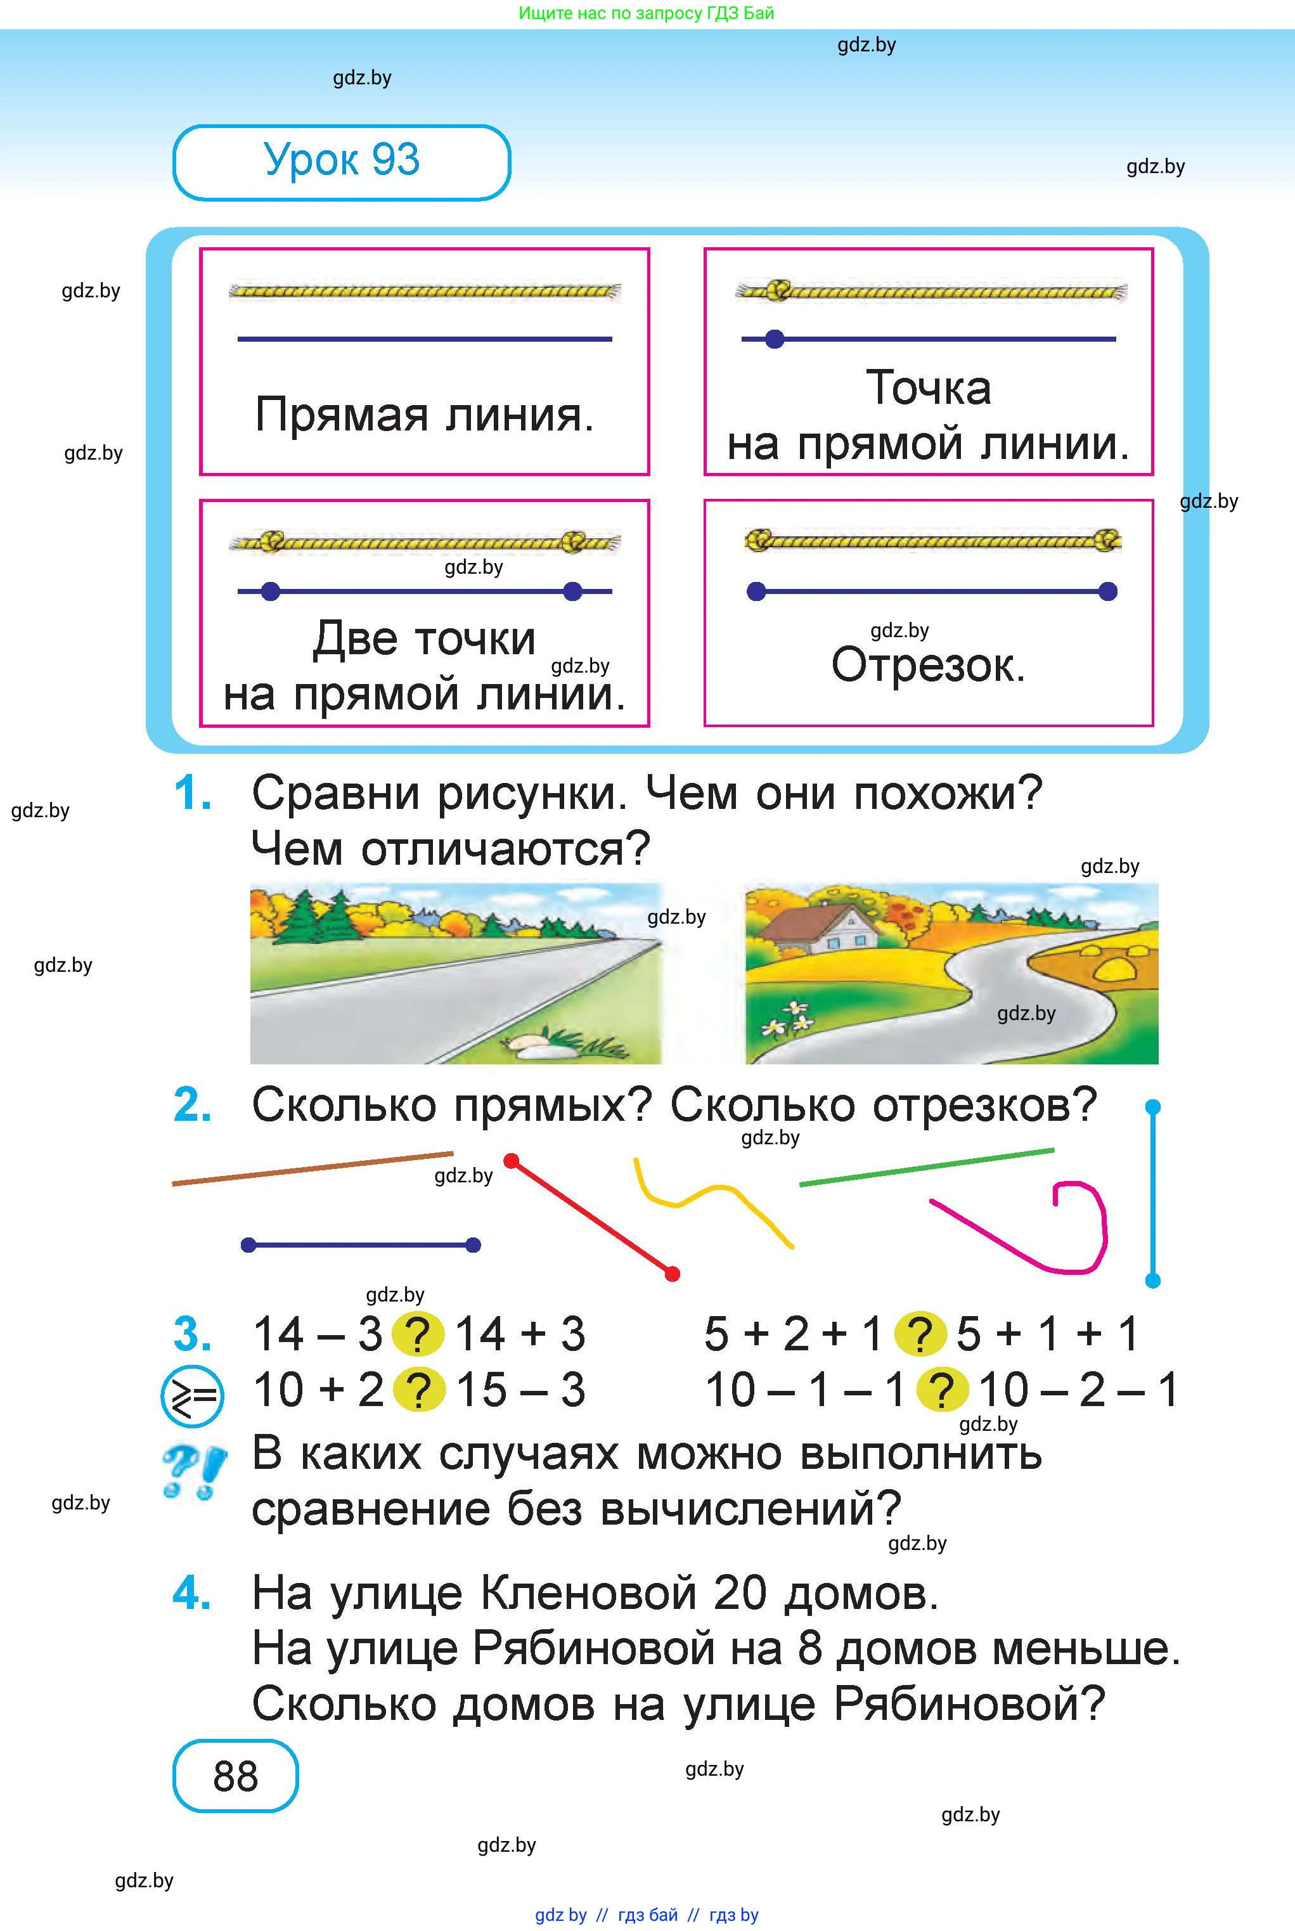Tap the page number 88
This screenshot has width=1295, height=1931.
coord(235,1776)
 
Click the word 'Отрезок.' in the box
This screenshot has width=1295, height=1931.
coord(927,665)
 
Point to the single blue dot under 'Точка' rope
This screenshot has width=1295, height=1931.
coord(774,339)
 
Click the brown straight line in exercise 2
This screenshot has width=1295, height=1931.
coord(312,1168)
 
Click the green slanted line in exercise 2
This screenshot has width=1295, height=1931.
coord(926,1166)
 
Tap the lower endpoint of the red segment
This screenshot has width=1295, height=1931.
coord(673,1274)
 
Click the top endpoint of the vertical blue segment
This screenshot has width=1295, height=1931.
coord(1153,1106)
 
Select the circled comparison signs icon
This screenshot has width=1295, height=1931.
coord(191,1395)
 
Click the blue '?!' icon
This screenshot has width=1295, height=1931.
coord(194,1471)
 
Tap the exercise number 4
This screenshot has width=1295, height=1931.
coord(191,1593)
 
